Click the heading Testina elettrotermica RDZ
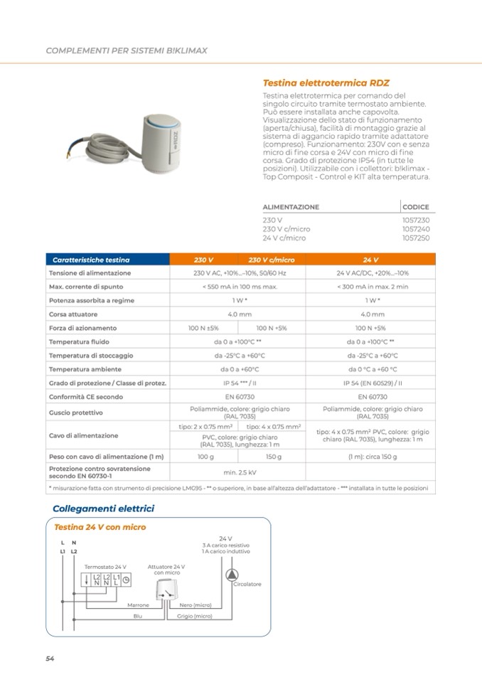(326, 82)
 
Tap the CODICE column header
(415, 207)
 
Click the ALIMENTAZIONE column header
(291, 207)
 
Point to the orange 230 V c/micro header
(271, 260)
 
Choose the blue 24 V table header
(370, 260)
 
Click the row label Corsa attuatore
(73, 314)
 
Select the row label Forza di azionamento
(82, 328)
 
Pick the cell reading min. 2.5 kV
(239, 471)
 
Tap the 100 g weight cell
(205, 457)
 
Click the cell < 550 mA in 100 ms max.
(239, 287)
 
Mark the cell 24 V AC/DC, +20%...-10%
(373, 273)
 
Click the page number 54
(50, 658)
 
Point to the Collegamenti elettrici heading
(103, 508)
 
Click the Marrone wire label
(138, 605)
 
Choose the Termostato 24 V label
(106, 566)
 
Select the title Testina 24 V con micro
(100, 527)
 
